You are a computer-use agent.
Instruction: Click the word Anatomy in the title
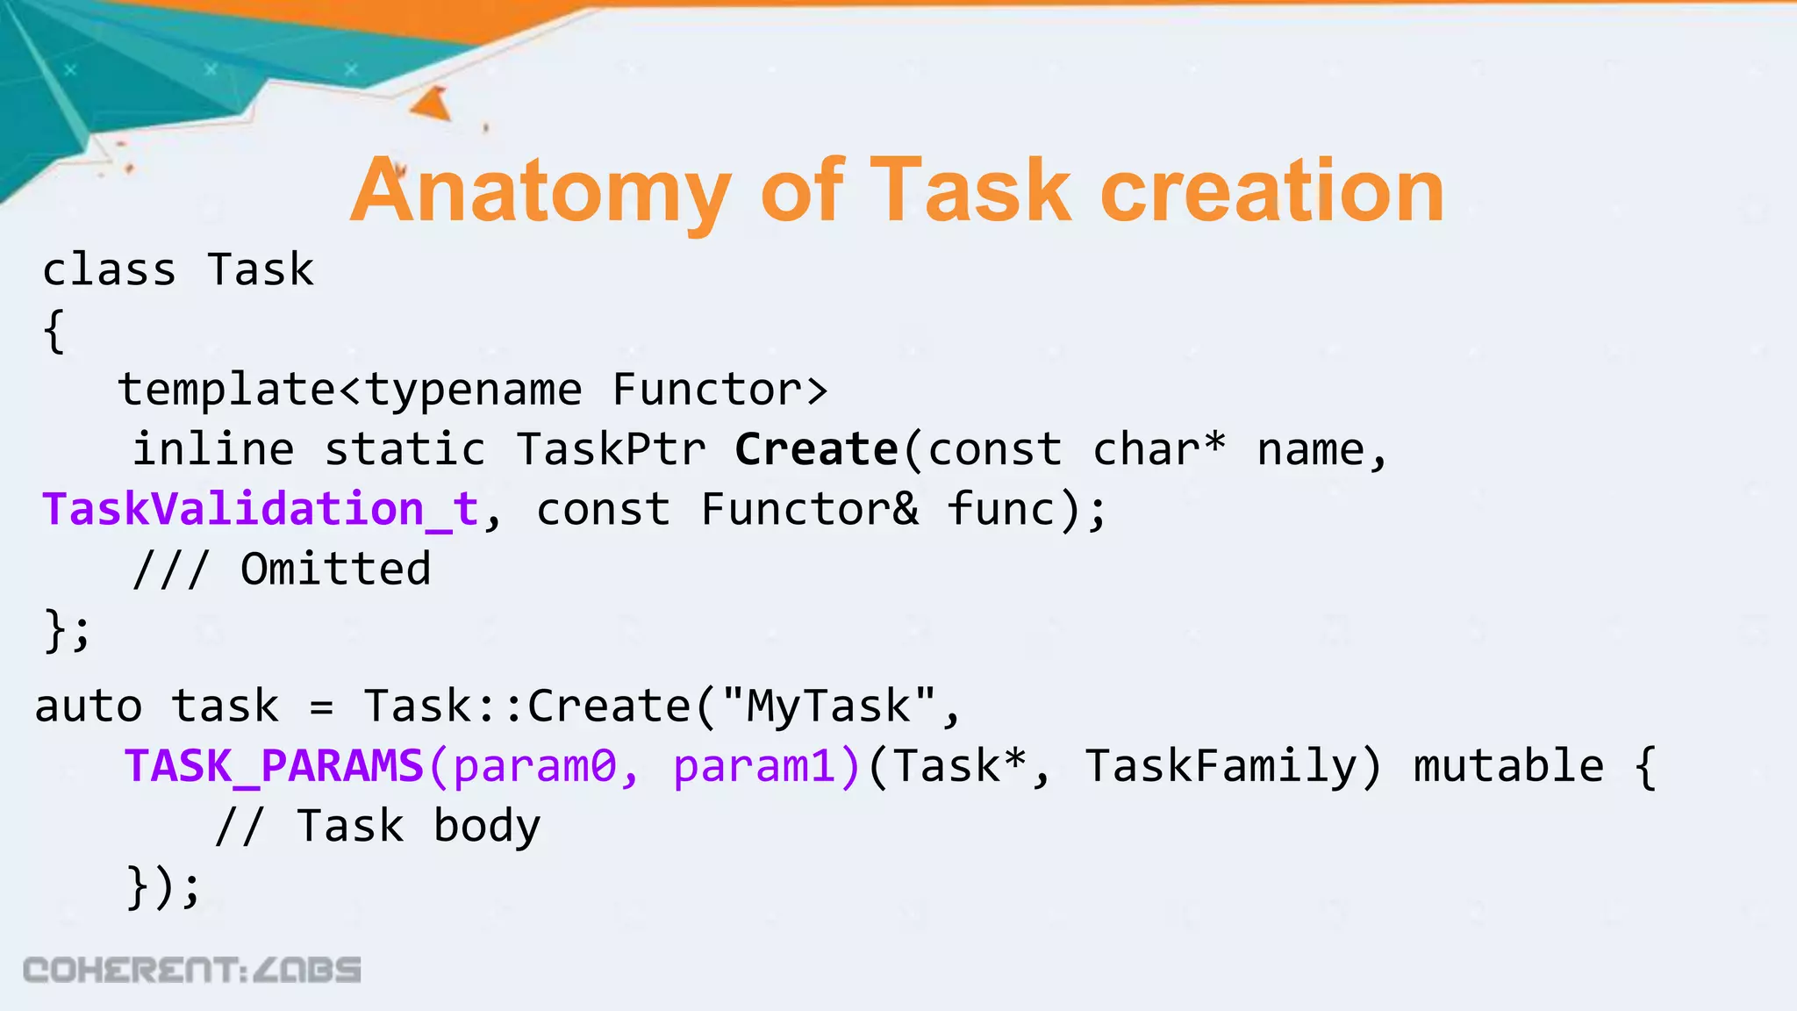tap(542, 191)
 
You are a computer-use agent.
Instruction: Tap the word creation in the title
tap(1271, 191)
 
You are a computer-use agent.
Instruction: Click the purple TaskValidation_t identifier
tap(261, 510)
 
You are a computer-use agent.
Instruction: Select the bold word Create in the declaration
tap(816, 450)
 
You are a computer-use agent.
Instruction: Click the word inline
tap(213, 450)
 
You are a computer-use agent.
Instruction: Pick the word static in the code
tap(405, 450)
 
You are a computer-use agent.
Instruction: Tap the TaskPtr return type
tap(611, 450)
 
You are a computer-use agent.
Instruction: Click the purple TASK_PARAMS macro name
tap(275, 766)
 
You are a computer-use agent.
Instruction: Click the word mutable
tap(1508, 766)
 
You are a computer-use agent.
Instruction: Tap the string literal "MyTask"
tap(829, 706)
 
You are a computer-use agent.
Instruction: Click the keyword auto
tap(89, 706)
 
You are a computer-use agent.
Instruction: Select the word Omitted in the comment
tap(336, 570)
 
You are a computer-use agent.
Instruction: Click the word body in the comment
tap(487, 827)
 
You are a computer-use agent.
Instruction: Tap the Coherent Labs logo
tap(192, 970)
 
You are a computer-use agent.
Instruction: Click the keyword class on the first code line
tap(110, 270)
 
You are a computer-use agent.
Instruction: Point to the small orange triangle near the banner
tap(433, 104)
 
